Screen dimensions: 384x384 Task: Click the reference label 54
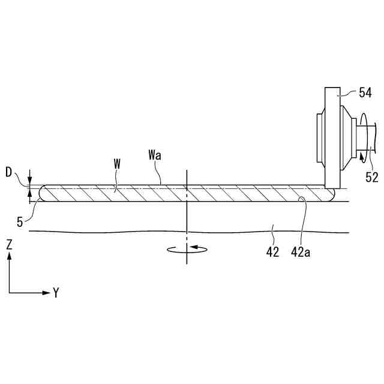coord(365,92)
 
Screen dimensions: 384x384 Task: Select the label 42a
coord(301,253)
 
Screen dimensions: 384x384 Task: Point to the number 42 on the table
coord(273,253)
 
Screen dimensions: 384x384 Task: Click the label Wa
coord(155,155)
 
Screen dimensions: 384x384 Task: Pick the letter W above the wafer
coord(116,163)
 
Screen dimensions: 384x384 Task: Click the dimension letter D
coord(8,173)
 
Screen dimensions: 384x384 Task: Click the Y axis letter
coord(56,293)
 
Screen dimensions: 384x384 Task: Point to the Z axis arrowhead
coord(10,256)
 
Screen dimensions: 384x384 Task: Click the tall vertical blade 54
coord(331,138)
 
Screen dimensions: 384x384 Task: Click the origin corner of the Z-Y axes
coord(10,293)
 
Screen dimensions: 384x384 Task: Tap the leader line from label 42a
coord(305,222)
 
